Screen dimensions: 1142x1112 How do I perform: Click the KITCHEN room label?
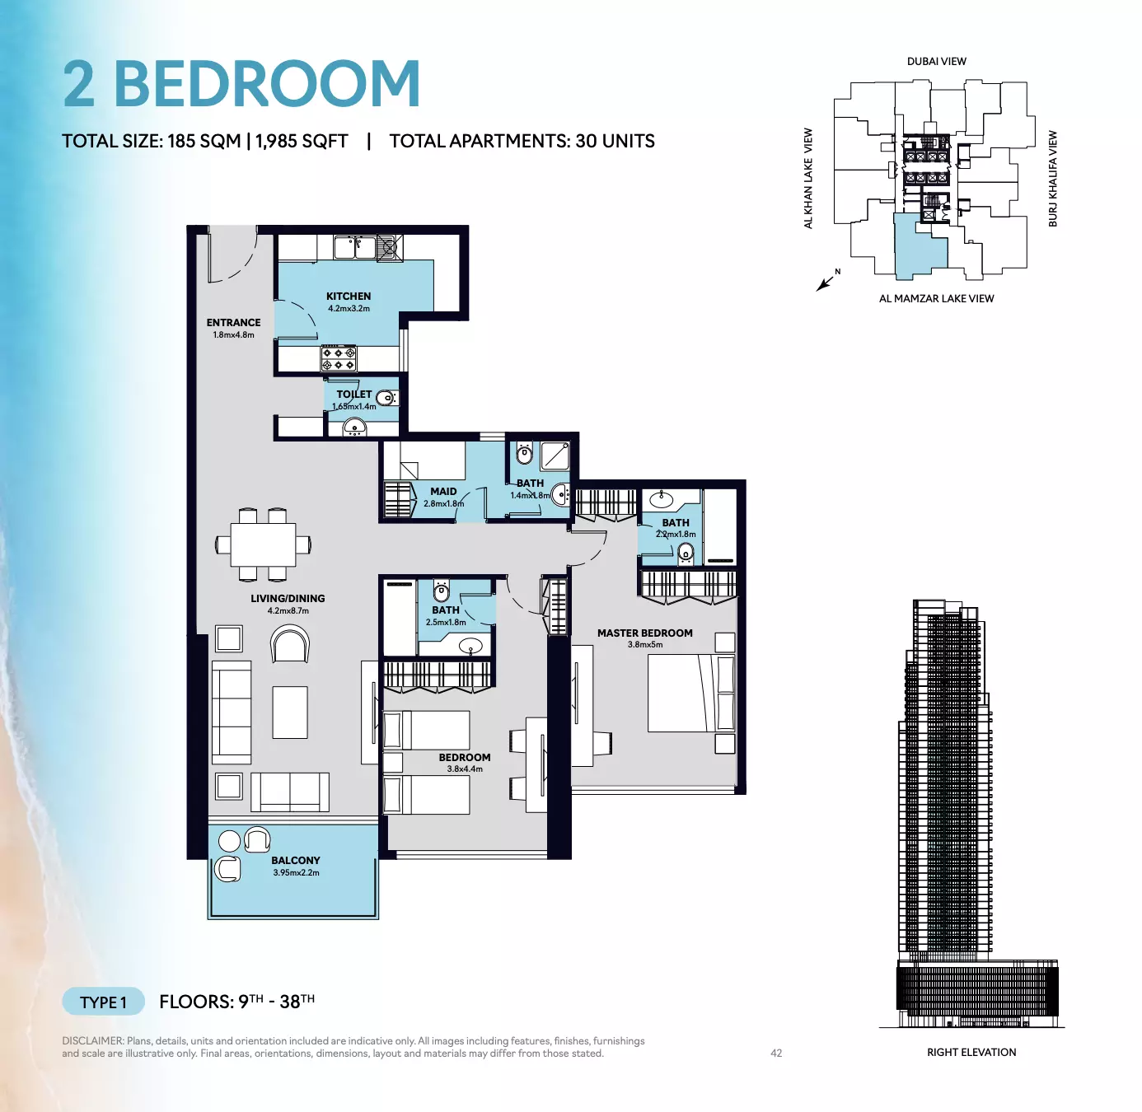[x=349, y=297]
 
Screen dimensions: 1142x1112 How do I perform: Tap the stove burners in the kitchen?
[x=339, y=358]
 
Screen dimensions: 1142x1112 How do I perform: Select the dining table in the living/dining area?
[x=263, y=544]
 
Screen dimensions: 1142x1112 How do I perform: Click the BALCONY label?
[x=296, y=860]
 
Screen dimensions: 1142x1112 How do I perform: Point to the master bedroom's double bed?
[x=691, y=693]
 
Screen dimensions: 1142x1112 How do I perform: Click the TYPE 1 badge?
[x=103, y=1002]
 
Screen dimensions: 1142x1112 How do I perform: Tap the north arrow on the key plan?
[x=825, y=283]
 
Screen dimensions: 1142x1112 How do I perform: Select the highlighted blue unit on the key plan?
[x=919, y=246]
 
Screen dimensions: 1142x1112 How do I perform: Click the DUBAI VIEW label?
[x=937, y=61]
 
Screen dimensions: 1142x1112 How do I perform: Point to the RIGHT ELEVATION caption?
[x=971, y=1052]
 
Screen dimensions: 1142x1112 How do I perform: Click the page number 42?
[x=776, y=1054]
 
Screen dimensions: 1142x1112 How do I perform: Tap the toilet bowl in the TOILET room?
[x=386, y=399]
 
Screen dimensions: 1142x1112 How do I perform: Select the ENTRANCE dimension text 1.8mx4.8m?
[x=233, y=335]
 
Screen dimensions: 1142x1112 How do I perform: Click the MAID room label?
[x=443, y=491]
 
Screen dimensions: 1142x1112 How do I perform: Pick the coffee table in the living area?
[x=290, y=713]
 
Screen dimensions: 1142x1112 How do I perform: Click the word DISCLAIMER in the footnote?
[x=93, y=1041]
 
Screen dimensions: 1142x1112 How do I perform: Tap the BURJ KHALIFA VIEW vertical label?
[x=1052, y=179]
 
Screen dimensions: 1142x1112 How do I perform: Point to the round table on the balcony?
[x=229, y=841]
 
